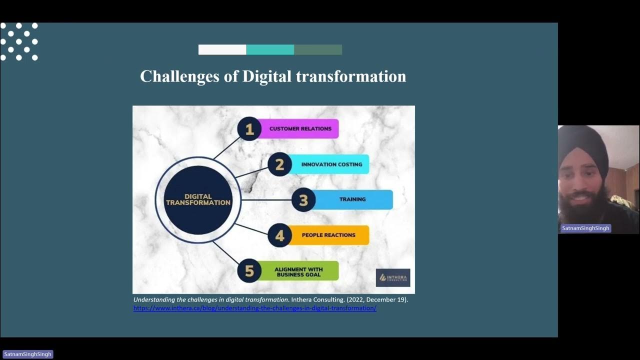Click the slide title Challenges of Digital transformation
click(x=272, y=76)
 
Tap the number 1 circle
click(x=249, y=129)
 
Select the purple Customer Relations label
click(x=300, y=129)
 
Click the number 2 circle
click(x=279, y=164)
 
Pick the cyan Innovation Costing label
click(x=331, y=164)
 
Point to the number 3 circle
click(x=303, y=200)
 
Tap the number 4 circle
click(x=279, y=235)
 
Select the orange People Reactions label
click(x=329, y=235)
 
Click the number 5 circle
click(x=249, y=271)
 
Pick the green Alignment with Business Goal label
click(x=299, y=271)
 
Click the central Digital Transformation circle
click(x=198, y=200)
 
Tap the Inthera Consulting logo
click(x=393, y=277)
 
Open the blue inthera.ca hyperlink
click(x=254, y=308)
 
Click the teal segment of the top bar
click(x=270, y=49)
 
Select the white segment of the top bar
click(x=222, y=49)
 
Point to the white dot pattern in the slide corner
click(x=19, y=41)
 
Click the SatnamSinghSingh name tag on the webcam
click(x=585, y=228)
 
